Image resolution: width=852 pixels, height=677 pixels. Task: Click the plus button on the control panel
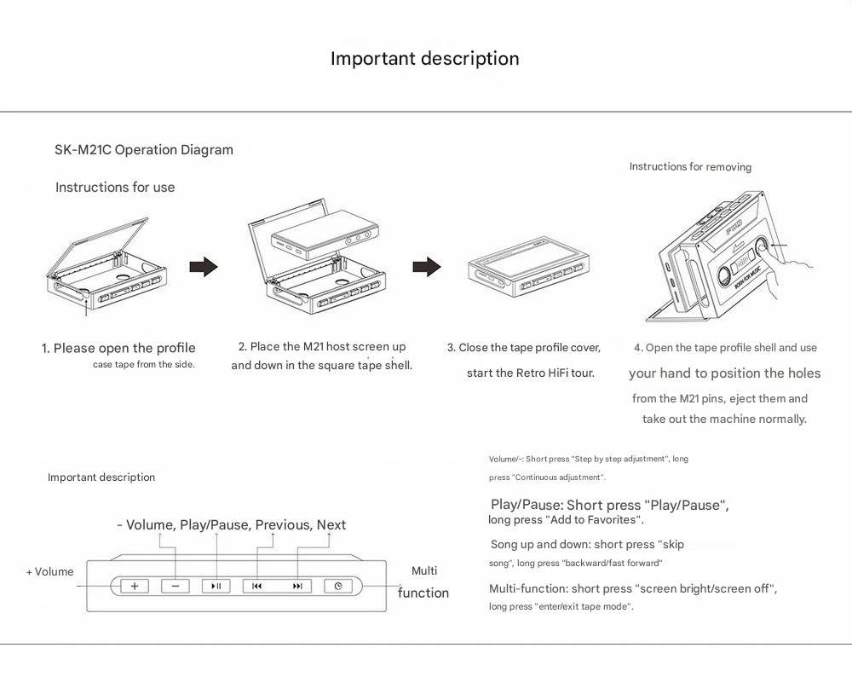coord(134,586)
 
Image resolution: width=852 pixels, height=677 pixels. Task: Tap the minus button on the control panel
coord(176,586)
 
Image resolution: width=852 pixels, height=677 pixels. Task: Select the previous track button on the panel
coord(257,586)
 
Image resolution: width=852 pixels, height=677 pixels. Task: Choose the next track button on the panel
coord(297,586)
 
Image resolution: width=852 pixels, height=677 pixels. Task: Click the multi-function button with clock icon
coord(338,586)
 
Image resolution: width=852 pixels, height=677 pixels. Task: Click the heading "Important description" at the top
coord(424,59)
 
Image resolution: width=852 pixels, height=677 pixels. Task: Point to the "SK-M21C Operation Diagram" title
coord(143,150)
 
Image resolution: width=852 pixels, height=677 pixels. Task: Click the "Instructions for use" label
coord(115,188)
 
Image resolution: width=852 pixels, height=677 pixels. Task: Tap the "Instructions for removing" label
coord(690,167)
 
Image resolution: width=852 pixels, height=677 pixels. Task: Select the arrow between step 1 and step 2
coord(203,267)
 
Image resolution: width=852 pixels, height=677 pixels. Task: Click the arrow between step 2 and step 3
coord(426,267)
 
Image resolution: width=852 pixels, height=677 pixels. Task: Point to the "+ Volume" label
coord(49,572)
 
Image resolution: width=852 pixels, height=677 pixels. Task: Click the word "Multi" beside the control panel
coord(424,570)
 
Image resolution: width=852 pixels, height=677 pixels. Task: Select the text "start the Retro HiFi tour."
coord(530,373)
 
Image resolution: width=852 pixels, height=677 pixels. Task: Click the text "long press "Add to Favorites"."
coord(566,520)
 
